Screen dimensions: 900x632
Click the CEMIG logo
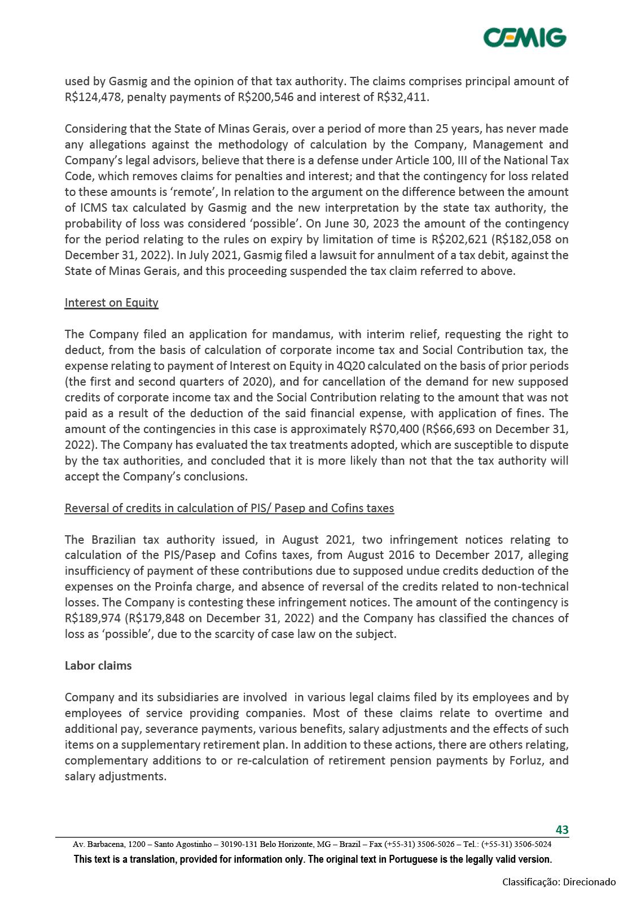coord(525,37)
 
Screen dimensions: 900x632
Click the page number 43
coord(562,829)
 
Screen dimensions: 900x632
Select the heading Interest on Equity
coord(111,303)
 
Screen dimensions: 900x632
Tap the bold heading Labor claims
coord(98,666)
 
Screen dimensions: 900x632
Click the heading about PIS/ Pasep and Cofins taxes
coord(229,508)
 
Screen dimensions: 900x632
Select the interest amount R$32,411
coord(402,97)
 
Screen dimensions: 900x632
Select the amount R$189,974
coord(93,618)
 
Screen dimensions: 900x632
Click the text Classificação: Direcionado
coord(559,881)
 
